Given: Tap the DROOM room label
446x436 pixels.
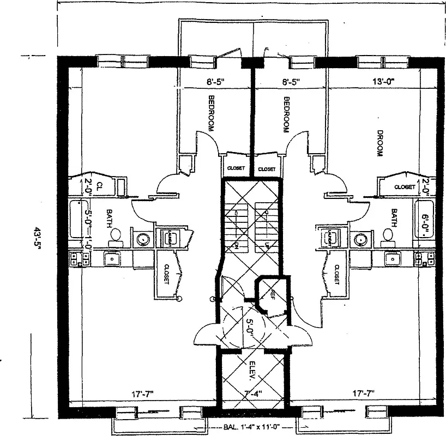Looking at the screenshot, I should pyautogui.click(x=377, y=143).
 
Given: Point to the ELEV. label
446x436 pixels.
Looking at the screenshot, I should pyautogui.click(x=252, y=370).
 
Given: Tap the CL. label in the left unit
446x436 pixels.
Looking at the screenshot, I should pyautogui.click(x=99, y=186).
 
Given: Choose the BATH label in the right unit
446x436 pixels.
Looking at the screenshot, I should pyautogui.click(x=393, y=219).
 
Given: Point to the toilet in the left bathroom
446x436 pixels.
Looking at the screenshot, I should pyautogui.click(x=116, y=235).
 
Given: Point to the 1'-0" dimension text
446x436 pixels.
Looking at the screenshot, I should pyautogui.click(x=87, y=245).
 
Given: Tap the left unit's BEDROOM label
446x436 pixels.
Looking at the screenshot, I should pyautogui.click(x=212, y=113).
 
